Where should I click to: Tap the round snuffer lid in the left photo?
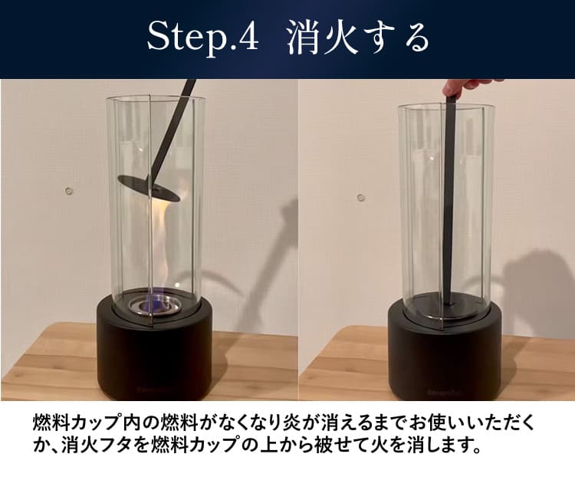[149, 187]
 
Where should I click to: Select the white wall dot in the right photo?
[360, 197]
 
